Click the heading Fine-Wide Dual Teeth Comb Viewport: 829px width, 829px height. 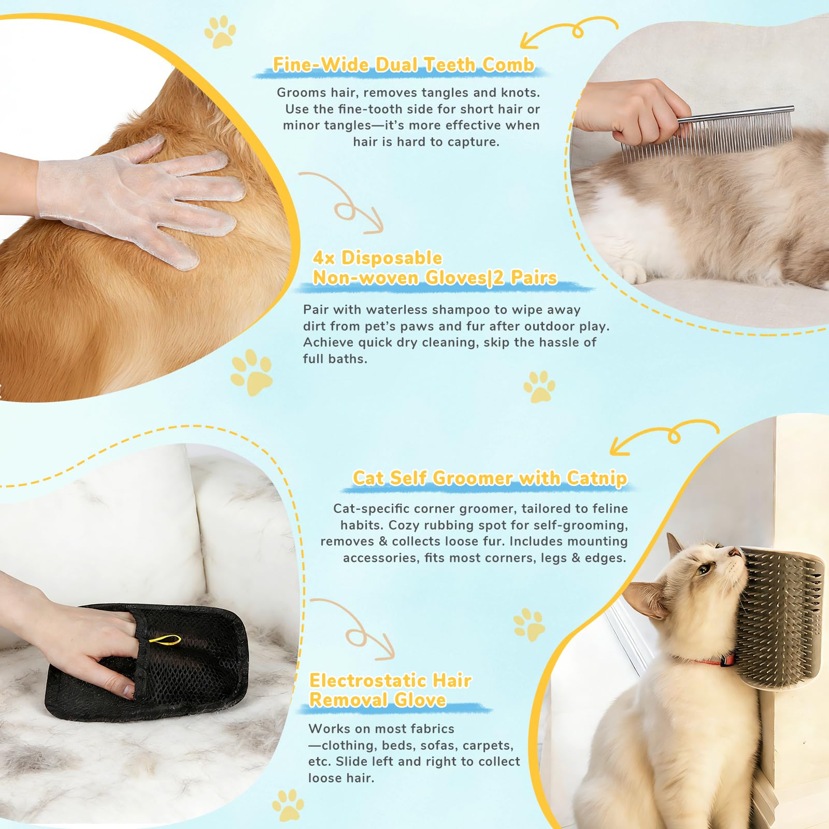[x=403, y=65]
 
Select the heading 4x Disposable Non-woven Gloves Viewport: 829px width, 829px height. [x=434, y=268]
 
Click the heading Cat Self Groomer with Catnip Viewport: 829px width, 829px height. [x=490, y=478]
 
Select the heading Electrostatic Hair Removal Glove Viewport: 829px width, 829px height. [x=390, y=690]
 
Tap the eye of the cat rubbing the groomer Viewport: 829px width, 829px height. [x=703, y=570]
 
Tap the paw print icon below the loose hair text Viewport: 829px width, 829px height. [x=288, y=805]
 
